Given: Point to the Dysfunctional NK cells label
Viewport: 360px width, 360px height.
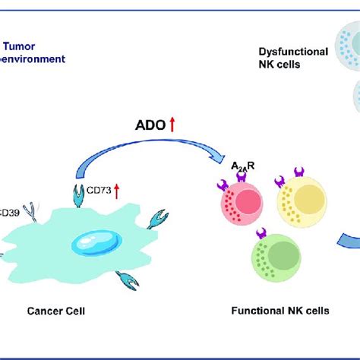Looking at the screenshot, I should point(292,58).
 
